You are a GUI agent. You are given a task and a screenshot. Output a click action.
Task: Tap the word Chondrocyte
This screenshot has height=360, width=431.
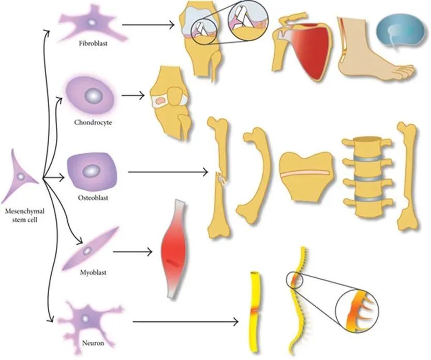click(93, 123)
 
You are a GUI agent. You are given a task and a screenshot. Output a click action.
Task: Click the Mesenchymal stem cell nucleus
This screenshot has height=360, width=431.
click(20, 177)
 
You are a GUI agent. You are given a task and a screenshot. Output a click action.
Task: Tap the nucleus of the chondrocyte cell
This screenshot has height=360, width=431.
click(94, 96)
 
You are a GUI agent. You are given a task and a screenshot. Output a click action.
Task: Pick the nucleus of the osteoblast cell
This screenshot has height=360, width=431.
click(93, 170)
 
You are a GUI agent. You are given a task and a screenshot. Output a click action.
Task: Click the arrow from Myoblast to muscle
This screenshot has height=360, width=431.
click(132, 252)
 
